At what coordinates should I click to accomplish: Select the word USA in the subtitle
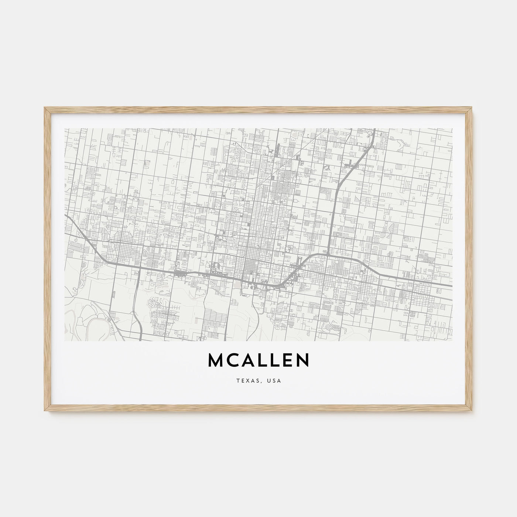point(274,381)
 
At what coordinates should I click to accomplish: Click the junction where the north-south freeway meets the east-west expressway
point(328,254)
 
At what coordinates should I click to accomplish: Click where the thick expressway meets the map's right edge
point(451,285)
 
